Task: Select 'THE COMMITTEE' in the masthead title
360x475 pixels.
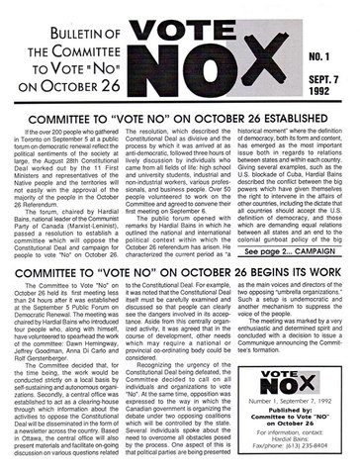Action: pos(103,41)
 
